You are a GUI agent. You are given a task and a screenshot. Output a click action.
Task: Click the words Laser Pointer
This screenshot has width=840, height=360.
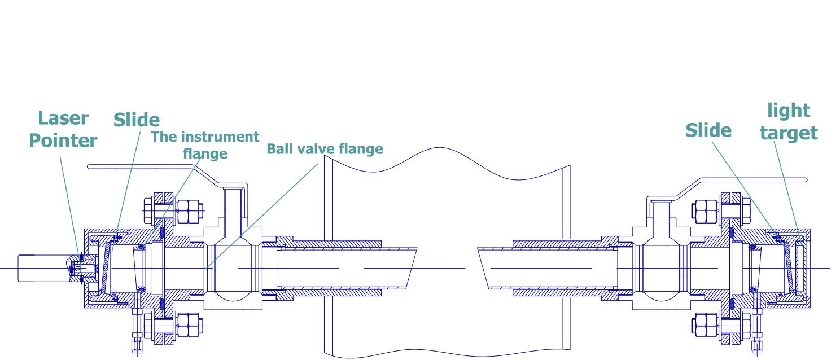tap(63, 129)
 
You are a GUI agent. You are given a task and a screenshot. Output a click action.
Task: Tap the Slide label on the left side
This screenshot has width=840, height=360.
tap(137, 120)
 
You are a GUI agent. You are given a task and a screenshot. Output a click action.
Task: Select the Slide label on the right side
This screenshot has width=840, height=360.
tap(708, 130)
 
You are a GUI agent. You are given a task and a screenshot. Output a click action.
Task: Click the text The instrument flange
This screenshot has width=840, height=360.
tap(205, 145)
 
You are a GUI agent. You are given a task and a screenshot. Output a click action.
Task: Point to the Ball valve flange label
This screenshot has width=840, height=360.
tap(325, 149)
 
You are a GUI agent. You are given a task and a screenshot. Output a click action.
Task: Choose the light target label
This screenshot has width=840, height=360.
tap(789, 122)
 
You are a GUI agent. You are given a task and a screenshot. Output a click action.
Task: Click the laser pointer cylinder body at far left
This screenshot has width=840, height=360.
tap(43, 268)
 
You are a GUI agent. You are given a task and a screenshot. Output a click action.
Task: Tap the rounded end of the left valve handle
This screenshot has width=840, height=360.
tap(89, 167)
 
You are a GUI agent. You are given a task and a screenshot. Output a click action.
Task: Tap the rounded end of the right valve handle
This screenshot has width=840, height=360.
tap(805, 180)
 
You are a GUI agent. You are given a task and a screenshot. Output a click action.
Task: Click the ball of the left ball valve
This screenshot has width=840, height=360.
tap(233, 268)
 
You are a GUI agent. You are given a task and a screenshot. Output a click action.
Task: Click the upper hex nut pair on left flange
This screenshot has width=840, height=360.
tap(189, 212)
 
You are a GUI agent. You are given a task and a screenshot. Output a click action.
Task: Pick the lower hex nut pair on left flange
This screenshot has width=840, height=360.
tap(189, 325)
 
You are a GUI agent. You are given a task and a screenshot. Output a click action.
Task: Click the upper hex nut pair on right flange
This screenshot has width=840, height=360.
tap(706, 212)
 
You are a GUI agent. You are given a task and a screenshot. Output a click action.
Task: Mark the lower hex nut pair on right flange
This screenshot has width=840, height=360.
tap(706, 325)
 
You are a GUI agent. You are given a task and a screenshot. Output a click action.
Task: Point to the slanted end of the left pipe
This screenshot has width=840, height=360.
tap(412, 268)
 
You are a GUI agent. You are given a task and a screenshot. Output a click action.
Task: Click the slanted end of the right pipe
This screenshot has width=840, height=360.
tap(483, 268)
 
